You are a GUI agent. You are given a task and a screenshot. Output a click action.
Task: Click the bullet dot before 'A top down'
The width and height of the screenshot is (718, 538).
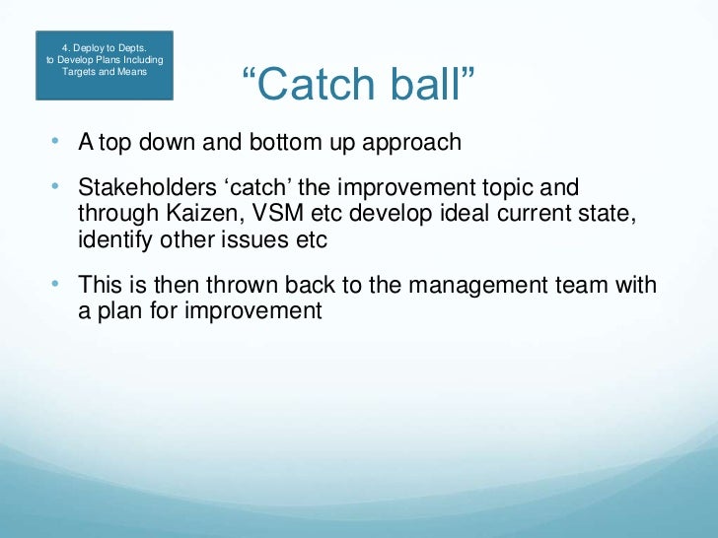[x=55, y=141]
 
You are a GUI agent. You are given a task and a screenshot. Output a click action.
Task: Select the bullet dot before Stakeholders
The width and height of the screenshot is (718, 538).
[x=55, y=186]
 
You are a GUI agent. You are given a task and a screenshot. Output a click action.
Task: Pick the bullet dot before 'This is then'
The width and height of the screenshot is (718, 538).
[x=55, y=284]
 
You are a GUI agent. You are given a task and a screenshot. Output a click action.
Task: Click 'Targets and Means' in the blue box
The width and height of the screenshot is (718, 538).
[x=105, y=73]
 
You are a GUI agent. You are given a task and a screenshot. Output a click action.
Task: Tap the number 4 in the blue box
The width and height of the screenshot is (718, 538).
[x=66, y=46]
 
